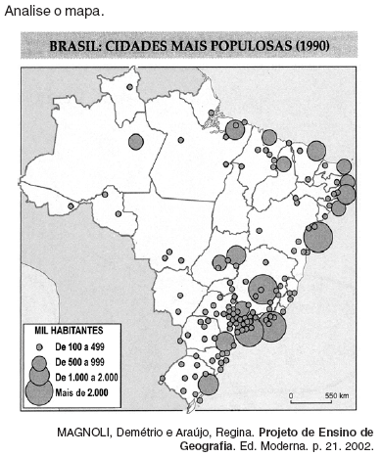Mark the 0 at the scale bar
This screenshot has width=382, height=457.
[x=291, y=394]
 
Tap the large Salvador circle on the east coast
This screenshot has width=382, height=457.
[x=319, y=236]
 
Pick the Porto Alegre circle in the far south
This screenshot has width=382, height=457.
[x=208, y=383]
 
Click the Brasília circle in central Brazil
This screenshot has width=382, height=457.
[x=235, y=256]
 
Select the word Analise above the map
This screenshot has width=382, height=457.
[x=26, y=11]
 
